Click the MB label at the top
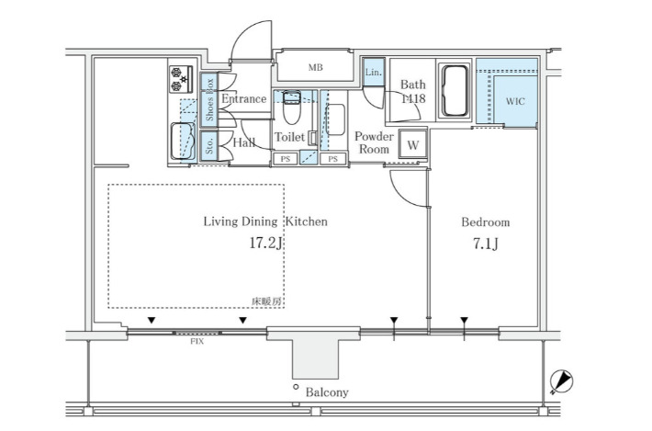(x=316, y=67)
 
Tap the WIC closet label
(x=515, y=101)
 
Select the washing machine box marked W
(x=412, y=145)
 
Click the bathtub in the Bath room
(x=454, y=90)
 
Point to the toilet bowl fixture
(x=291, y=108)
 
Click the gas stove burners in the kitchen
(x=181, y=79)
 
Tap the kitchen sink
(x=183, y=141)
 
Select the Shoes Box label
(x=209, y=99)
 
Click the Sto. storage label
(x=209, y=146)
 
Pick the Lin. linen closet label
(x=374, y=72)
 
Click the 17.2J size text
(x=266, y=243)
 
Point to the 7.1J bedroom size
(x=486, y=244)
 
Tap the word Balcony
(x=327, y=391)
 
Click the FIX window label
(x=197, y=342)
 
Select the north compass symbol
(x=561, y=381)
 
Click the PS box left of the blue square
(x=286, y=159)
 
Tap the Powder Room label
(x=374, y=142)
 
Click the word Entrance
(x=243, y=98)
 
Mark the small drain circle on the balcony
(x=296, y=387)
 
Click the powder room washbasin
(x=335, y=119)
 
